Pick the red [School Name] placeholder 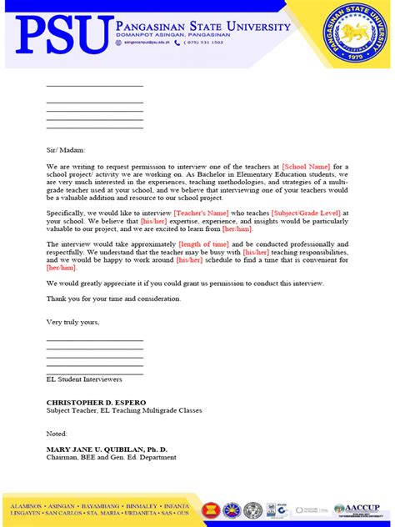(x=306, y=167)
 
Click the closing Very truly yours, (x=72, y=321)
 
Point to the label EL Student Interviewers (x=84, y=379)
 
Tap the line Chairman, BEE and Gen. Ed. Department (x=111, y=457)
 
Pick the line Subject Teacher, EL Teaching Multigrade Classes (x=123, y=410)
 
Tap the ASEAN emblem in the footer (x=212, y=509)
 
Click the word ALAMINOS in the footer (x=27, y=504)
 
